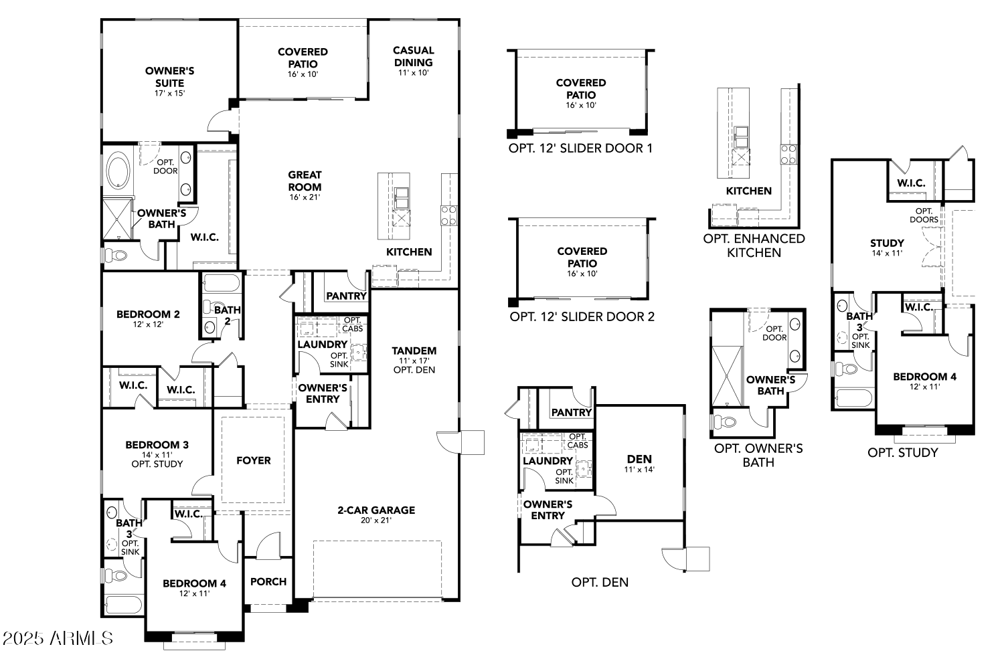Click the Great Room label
point(305,181)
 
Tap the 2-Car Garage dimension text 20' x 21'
point(376,520)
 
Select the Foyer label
point(254,461)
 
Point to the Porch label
point(268,581)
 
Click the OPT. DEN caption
point(600,582)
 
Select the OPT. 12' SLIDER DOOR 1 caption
point(580,149)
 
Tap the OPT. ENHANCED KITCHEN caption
point(754,246)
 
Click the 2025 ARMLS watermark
point(58,638)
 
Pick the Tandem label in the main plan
point(414,351)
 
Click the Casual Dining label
point(413,56)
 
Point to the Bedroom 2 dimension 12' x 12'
point(148,324)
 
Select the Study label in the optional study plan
point(887,244)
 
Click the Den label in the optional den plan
point(639,460)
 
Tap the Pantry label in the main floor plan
point(346,296)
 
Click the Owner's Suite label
point(169,77)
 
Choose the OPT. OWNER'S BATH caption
point(758,456)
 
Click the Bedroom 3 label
point(157,445)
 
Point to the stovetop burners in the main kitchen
point(448,215)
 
